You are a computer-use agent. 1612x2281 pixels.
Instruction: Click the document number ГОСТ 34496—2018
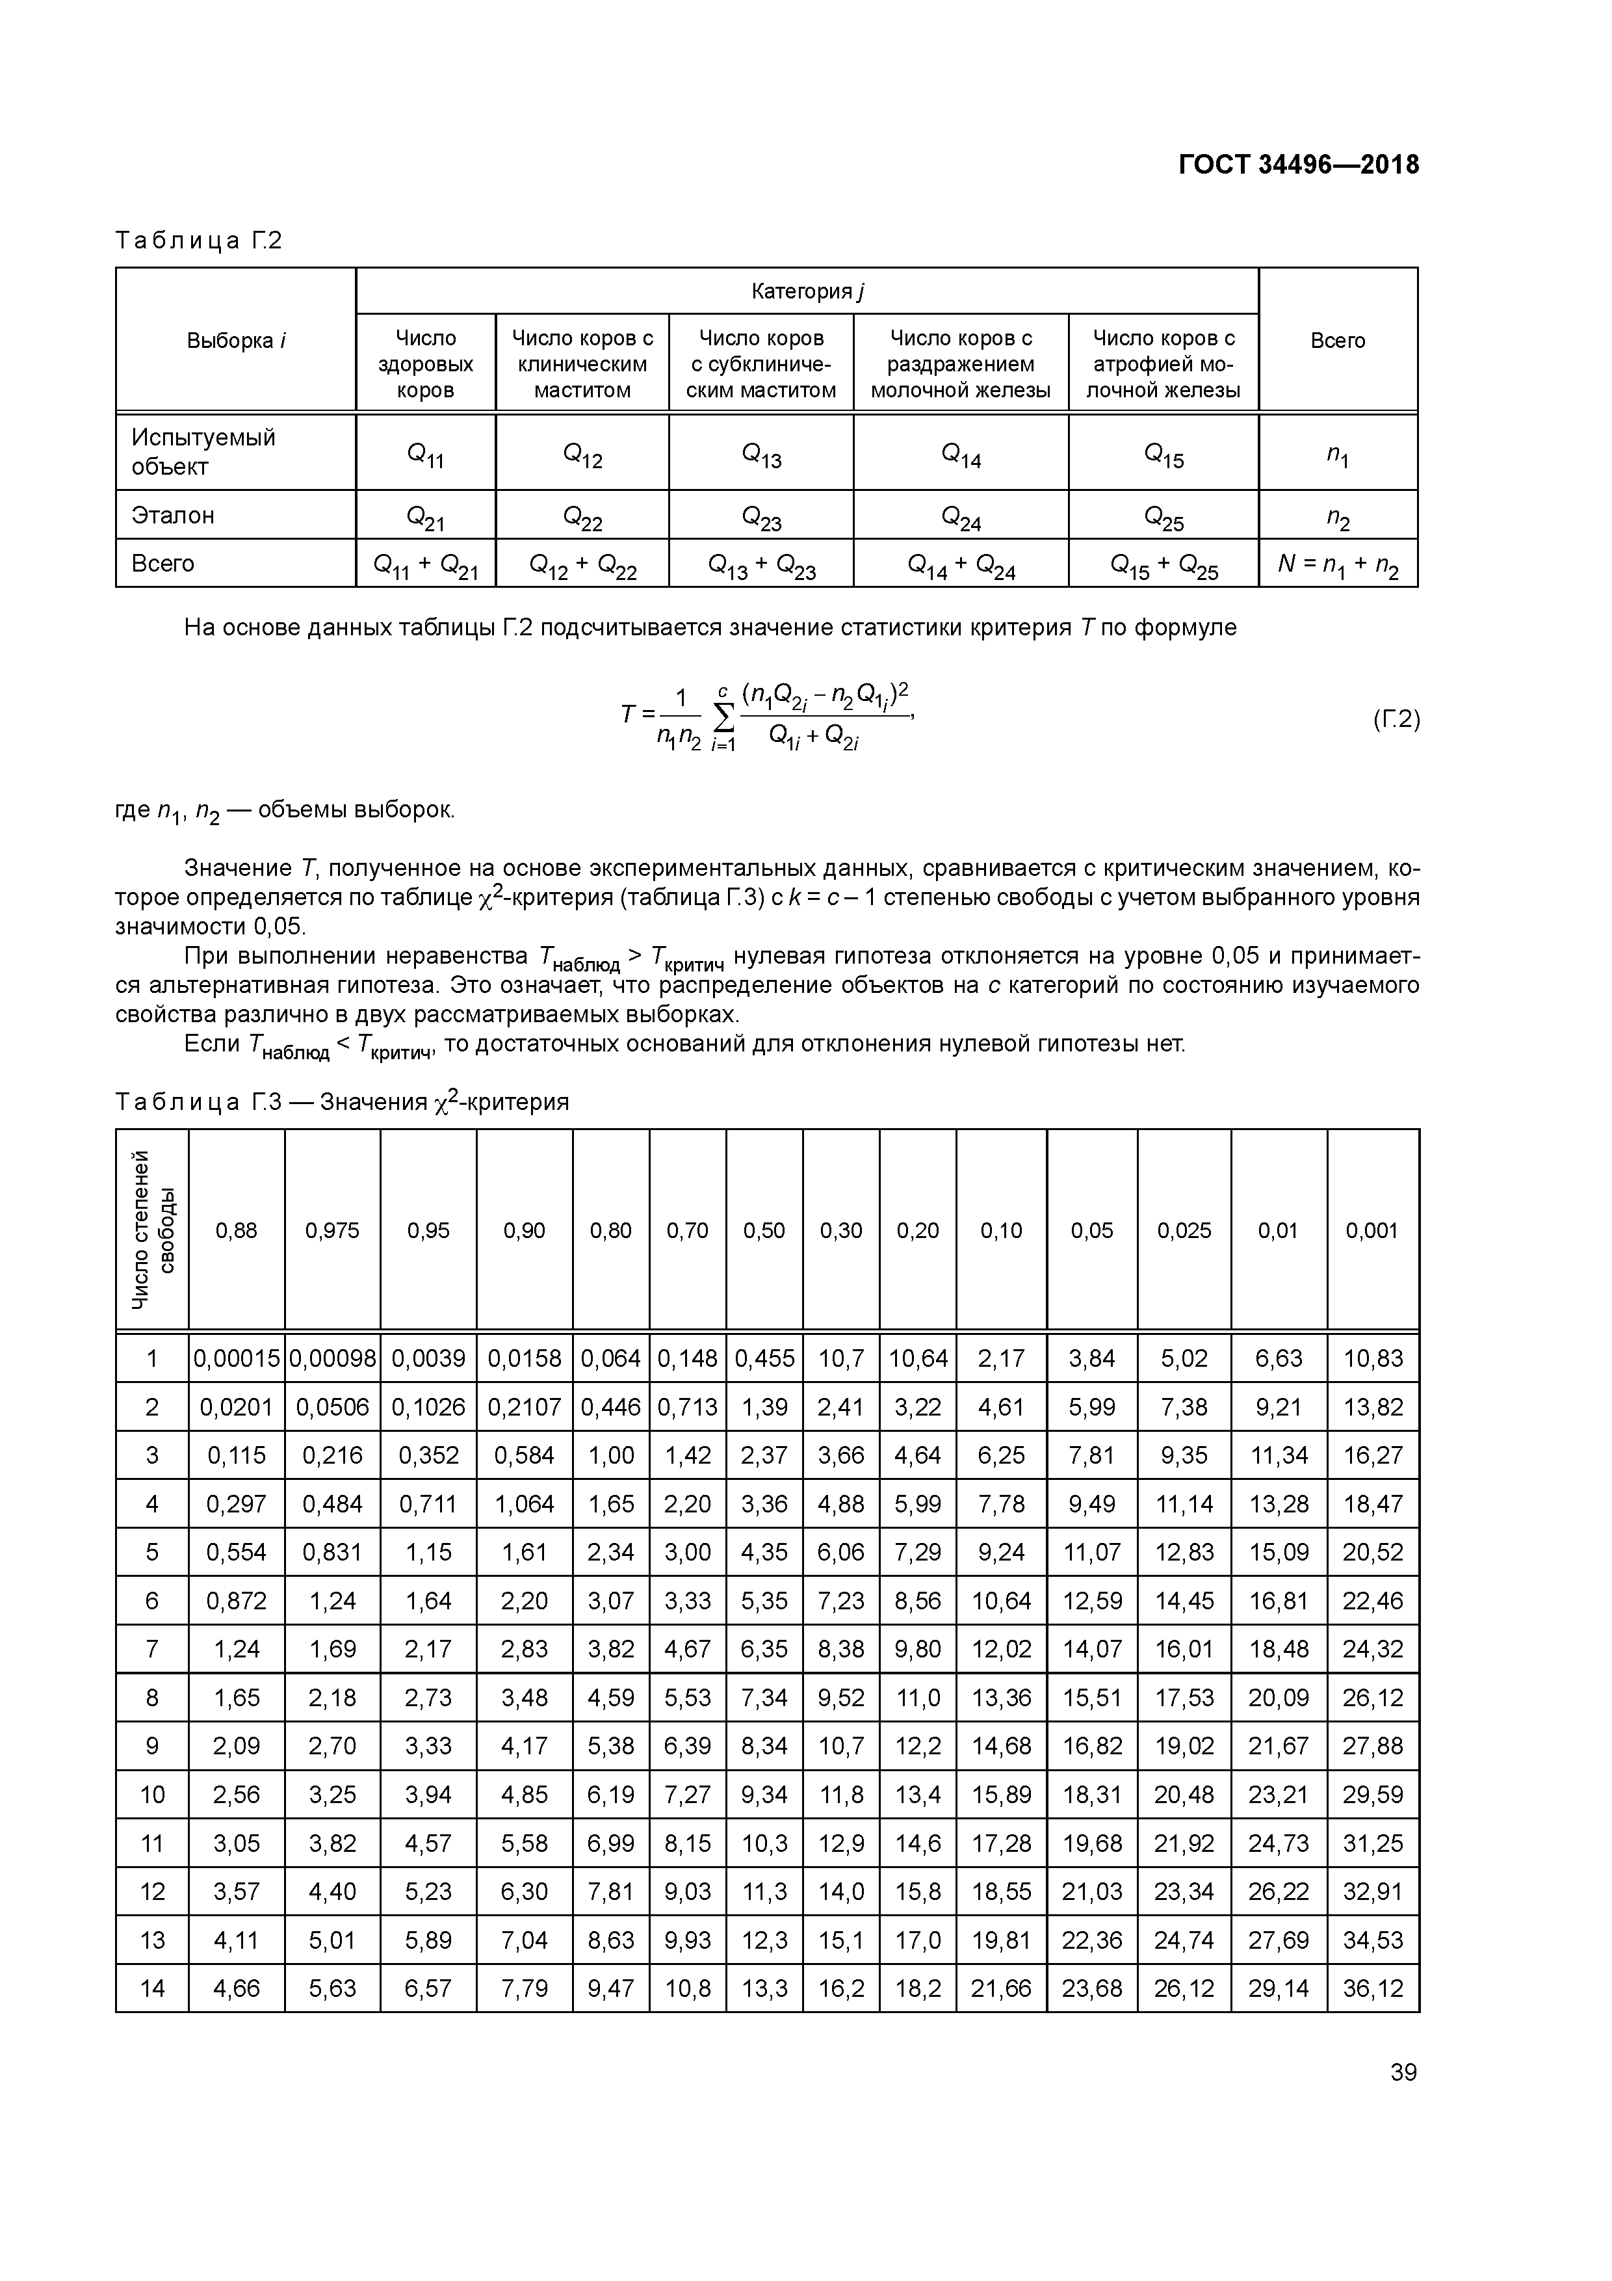pos(1298,165)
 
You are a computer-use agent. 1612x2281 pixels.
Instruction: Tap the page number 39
pos(1403,2072)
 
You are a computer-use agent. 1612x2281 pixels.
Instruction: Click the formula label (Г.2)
pos(1396,719)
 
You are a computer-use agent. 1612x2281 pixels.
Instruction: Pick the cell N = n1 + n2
pos(1338,565)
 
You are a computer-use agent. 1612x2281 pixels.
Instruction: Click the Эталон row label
pos(173,514)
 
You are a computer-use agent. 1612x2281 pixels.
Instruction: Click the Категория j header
pos(807,291)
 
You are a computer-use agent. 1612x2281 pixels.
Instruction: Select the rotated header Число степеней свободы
pos(152,1230)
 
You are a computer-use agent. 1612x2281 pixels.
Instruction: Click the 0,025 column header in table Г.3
pos(1184,1230)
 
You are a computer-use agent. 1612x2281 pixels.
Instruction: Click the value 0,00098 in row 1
pos(333,1358)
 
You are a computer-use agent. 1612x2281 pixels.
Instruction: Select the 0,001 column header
pos(1373,1230)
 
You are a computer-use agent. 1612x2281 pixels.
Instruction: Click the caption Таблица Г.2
pos(199,241)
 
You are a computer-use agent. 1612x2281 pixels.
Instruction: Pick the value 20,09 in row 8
pos(1279,1698)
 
